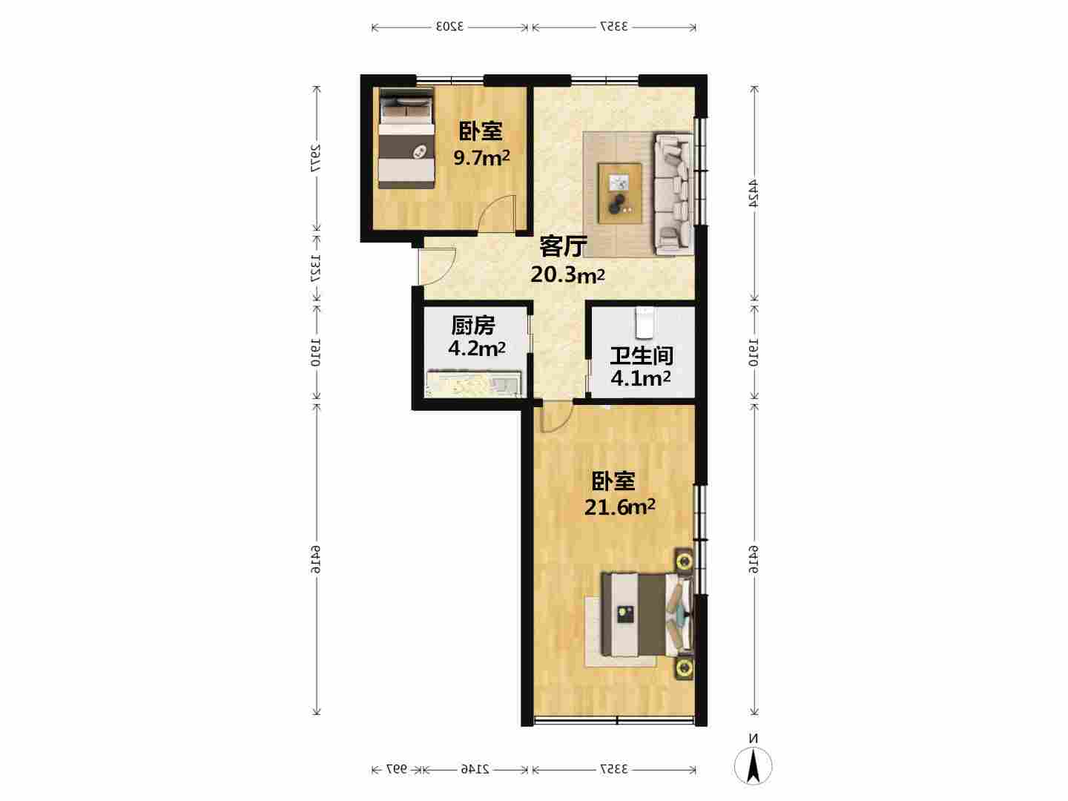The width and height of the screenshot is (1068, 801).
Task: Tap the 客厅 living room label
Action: click(564, 246)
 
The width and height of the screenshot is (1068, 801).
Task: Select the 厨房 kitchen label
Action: click(473, 326)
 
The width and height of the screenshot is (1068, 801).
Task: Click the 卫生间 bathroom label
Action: click(642, 356)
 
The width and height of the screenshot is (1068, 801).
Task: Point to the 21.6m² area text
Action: click(619, 507)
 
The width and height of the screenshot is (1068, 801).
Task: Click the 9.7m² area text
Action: click(481, 157)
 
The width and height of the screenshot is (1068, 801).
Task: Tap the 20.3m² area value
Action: click(567, 274)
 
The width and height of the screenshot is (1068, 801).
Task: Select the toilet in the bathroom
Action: click(645, 323)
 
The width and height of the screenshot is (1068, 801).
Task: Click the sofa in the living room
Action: click(674, 194)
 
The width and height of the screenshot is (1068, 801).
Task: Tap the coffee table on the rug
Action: click(620, 194)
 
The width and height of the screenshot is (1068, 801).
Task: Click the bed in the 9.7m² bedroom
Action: click(406, 138)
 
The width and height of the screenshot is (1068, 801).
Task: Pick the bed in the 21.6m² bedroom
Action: click(647, 614)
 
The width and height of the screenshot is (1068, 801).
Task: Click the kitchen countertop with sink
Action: click(474, 384)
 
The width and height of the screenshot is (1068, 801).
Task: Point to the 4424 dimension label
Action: click(754, 194)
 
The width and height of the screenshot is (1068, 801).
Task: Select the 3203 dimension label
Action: click(449, 26)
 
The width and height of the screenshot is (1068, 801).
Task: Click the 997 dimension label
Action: click(397, 769)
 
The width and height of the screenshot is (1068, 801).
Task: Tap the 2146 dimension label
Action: click(475, 769)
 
